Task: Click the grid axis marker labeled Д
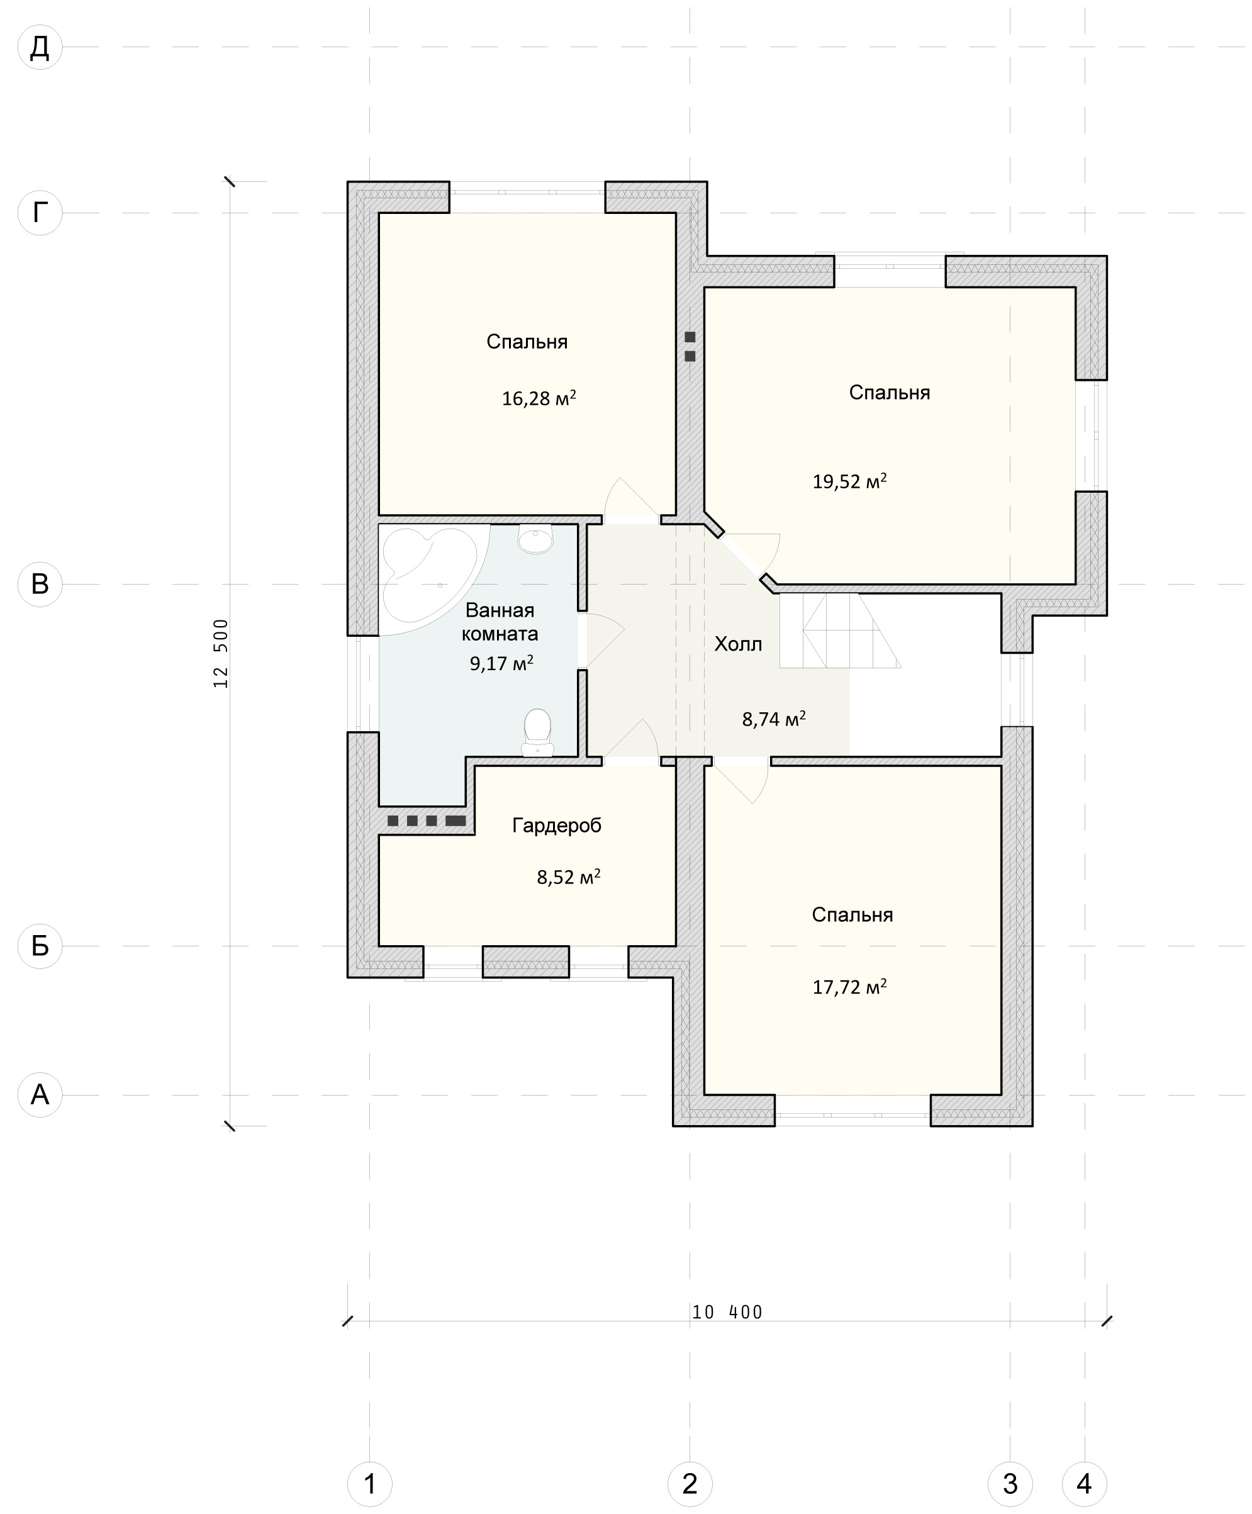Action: [40, 48]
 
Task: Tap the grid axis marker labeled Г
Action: [40, 213]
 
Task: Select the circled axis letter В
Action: [40, 584]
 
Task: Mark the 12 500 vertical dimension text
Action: [221, 653]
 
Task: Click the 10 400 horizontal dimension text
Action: [727, 1312]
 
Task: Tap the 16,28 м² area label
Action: [539, 398]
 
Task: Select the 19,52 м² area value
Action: [850, 481]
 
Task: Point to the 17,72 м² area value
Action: [850, 986]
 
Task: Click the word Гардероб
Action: [556, 826]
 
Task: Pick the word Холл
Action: [738, 644]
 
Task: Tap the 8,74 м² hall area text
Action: [774, 719]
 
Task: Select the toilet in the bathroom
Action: [537, 732]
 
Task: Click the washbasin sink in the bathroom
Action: [535, 539]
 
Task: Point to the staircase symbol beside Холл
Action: [840, 630]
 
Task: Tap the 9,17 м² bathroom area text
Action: [501, 663]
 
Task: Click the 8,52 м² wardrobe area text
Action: [569, 877]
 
